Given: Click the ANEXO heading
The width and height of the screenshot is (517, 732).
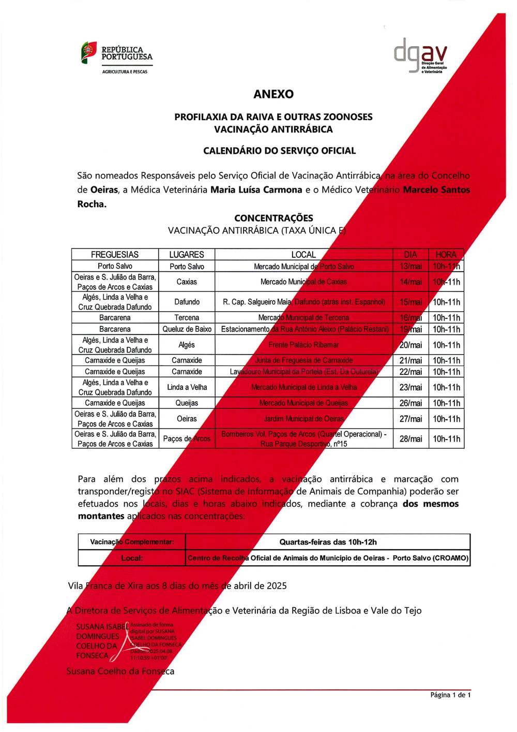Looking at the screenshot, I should tap(273, 94).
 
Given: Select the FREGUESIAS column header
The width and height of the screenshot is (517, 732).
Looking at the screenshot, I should tap(115, 255).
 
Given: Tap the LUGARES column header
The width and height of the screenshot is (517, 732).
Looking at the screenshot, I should tap(187, 255).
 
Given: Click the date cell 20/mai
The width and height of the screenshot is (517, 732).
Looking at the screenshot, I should tap(411, 345).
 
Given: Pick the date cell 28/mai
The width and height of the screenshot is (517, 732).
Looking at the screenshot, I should tap(411, 439).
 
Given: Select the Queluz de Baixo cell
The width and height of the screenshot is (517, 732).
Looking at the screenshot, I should tap(187, 329).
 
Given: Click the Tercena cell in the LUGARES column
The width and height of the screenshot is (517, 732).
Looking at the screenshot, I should tap(187, 318).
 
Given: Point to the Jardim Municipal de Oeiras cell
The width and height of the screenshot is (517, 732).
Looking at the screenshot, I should tap(303, 419).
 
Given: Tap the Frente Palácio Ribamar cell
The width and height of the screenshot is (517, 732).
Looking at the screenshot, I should tap(303, 345).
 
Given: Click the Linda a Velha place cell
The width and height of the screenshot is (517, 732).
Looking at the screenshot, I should tap(187, 387).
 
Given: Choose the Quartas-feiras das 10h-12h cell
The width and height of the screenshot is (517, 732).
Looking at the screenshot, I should tap(328, 542).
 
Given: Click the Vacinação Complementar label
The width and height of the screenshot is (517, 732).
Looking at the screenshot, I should tap(132, 542).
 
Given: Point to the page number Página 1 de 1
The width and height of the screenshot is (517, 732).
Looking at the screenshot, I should tap(450, 695).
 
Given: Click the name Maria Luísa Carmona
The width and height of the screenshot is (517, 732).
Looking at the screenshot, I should tap(256, 190).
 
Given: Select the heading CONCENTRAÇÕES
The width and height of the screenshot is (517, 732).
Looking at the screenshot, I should tap(273, 218).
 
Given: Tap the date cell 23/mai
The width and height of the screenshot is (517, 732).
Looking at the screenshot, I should tap(411, 387).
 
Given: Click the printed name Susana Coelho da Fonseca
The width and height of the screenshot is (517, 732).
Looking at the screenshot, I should tap(120, 671).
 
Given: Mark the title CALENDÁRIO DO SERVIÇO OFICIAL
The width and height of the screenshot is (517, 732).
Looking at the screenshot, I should tap(279, 151).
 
